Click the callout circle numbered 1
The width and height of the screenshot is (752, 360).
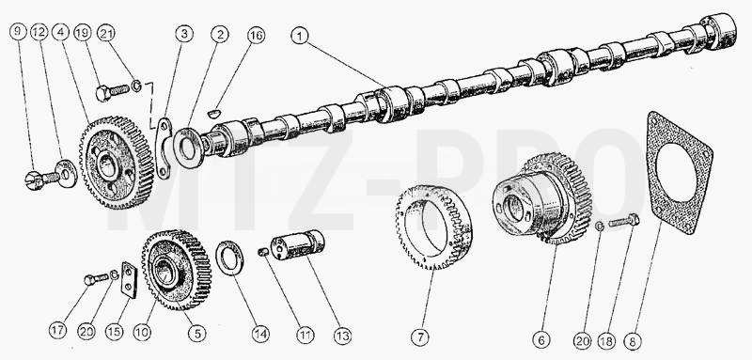pyautogui.click(x=300, y=36)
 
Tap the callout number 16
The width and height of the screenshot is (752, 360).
pyautogui.click(x=256, y=36)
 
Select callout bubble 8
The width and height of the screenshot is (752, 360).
pyautogui.click(x=634, y=341)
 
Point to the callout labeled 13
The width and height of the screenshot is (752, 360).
pyautogui.click(x=342, y=336)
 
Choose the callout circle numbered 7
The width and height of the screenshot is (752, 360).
pyautogui.click(x=420, y=337)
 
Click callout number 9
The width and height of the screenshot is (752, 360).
pyautogui.click(x=18, y=32)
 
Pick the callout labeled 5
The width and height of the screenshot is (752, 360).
pyautogui.click(x=197, y=333)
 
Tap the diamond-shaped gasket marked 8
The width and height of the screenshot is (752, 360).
pyautogui.click(x=679, y=173)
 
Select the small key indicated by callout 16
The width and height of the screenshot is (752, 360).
pyautogui.click(x=214, y=113)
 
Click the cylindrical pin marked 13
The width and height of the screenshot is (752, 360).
pyautogui.click(x=297, y=245)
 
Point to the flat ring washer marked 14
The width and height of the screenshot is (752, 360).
pyautogui.click(x=229, y=258)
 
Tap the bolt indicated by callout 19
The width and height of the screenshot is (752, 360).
pyautogui.click(x=112, y=91)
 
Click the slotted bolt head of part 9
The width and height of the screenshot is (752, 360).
pyautogui.click(x=33, y=180)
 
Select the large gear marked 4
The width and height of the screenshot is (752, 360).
pyautogui.click(x=117, y=163)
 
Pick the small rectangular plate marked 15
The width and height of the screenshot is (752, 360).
pyautogui.click(x=129, y=280)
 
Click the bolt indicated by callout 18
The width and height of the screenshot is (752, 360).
pyautogui.click(x=624, y=221)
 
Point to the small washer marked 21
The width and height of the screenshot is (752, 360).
pyautogui.click(x=136, y=86)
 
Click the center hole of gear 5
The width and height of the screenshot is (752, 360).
pyautogui.click(x=165, y=274)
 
